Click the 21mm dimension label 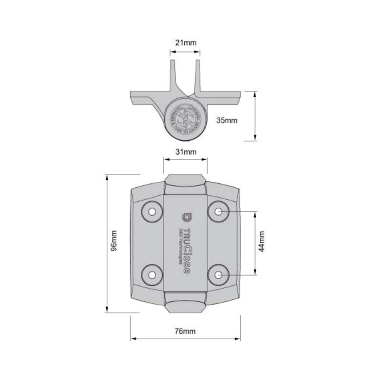tap(186, 43)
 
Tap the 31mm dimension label tap(186, 152)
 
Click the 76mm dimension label tap(185, 331)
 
